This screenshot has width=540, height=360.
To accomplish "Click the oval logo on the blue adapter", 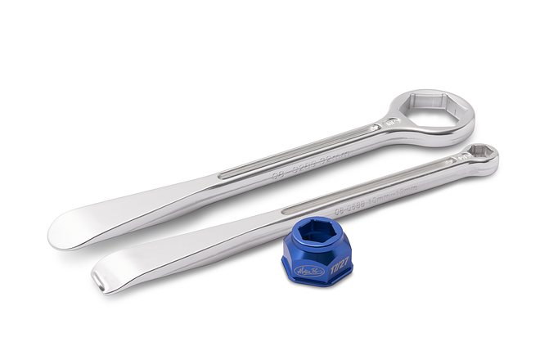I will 313,269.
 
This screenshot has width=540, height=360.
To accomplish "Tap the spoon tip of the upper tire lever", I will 74,229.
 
